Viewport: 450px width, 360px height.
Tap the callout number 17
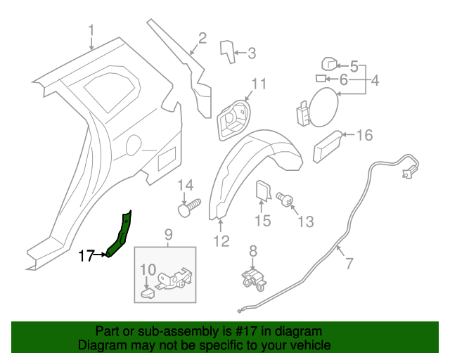coord(86,256)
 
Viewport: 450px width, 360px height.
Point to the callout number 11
coord(259,84)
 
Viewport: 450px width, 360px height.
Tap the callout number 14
coord(185,186)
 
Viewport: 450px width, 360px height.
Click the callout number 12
coord(221,241)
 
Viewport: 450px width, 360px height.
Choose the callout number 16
coord(364,136)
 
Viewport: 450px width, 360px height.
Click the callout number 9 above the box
coord(168,234)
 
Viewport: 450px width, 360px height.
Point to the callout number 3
coord(252,52)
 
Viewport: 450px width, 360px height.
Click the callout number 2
coord(202,38)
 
